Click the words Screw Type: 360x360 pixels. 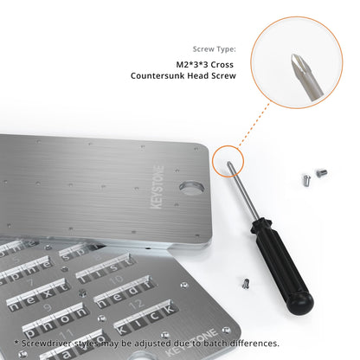[x=213, y=49]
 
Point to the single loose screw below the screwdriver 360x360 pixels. [x=246, y=281]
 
